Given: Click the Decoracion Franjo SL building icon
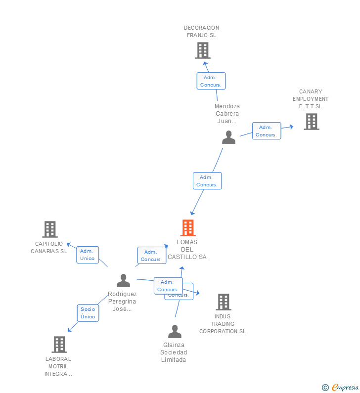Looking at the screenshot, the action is [203, 50].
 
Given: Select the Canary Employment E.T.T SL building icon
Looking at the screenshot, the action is [311, 122].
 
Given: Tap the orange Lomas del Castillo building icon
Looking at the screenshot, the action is [188, 228].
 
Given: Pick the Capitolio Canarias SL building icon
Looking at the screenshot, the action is [50, 229].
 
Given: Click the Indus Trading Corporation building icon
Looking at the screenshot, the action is [224, 302].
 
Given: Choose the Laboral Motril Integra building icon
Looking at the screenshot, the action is [59, 345].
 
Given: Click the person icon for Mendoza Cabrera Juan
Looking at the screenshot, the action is [228, 137].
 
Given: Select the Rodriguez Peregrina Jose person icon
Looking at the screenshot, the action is [123, 281].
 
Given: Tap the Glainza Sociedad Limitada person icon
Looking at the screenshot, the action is [175, 331].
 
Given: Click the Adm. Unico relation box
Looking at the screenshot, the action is [88, 255].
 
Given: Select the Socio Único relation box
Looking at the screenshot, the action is [88, 313].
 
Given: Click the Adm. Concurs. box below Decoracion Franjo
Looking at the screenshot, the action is [211, 81].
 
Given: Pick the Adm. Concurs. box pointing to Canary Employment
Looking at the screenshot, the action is [266, 131].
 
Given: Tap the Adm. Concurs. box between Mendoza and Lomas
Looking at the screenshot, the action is [207, 181].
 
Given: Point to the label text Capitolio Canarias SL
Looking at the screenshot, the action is [49, 247].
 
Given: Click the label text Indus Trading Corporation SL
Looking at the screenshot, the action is [223, 324].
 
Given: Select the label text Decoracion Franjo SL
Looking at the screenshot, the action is [201, 32].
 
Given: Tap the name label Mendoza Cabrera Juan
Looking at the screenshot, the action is [227, 113].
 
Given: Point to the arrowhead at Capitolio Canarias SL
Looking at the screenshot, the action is [69, 245].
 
